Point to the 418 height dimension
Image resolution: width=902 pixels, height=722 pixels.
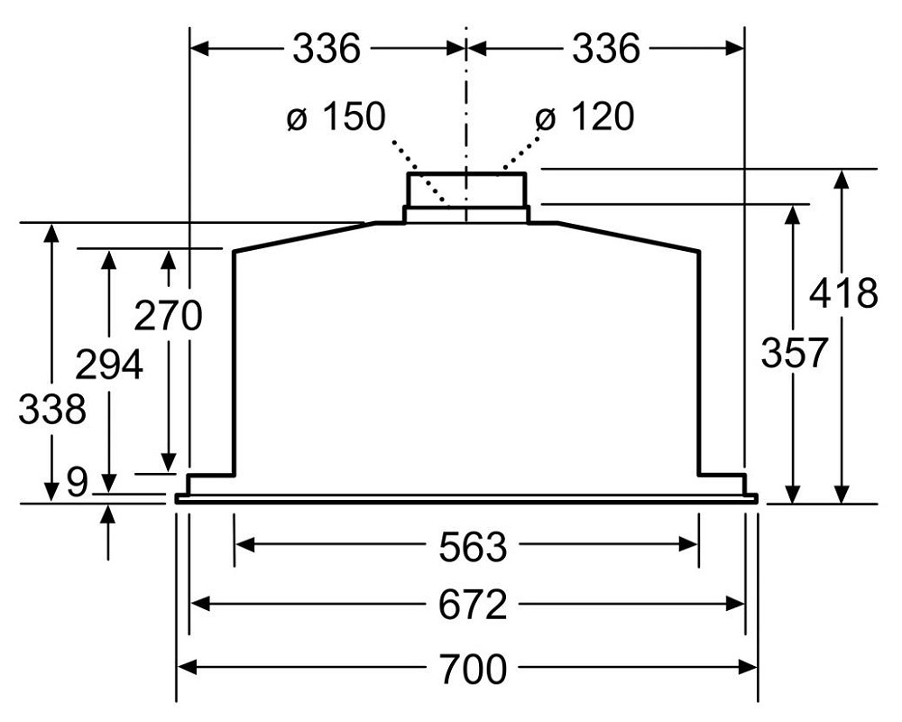(843, 294)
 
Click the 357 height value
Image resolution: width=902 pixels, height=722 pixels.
(794, 353)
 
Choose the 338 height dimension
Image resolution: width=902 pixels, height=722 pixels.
(52, 411)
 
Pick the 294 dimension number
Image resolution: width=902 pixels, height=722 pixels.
(108, 366)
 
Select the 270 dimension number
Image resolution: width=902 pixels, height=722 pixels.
(168, 318)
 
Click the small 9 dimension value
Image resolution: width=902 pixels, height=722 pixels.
(78, 483)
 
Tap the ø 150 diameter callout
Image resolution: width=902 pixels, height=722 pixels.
(336, 117)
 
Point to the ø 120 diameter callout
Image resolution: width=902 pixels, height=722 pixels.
(584, 117)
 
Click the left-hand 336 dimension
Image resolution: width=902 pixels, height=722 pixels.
(326, 49)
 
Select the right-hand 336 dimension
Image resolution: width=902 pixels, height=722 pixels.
(605, 49)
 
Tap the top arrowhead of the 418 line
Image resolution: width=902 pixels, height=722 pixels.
(842, 177)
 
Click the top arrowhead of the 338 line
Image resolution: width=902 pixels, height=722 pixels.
(51, 230)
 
